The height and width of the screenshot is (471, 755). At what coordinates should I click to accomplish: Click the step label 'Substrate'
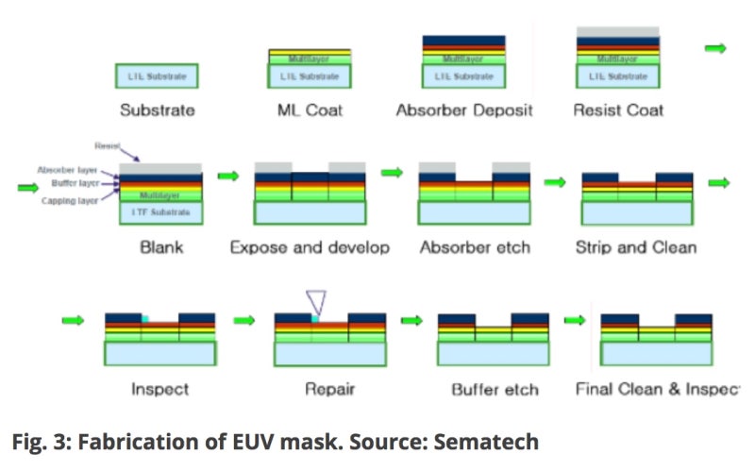(158, 110)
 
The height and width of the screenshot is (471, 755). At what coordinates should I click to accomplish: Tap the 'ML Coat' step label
(310, 110)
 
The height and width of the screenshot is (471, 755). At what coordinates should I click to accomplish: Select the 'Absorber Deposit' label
(463, 110)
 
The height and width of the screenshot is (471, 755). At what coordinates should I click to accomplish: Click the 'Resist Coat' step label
(618, 110)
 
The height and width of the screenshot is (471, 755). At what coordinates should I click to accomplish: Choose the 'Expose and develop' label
(309, 247)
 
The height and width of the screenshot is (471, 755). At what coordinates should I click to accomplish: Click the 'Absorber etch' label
(475, 247)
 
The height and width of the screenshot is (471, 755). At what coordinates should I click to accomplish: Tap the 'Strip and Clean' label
(635, 247)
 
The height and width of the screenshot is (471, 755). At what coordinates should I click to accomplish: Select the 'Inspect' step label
(159, 388)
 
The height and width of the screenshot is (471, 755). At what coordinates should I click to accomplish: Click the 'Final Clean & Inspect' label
(657, 388)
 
